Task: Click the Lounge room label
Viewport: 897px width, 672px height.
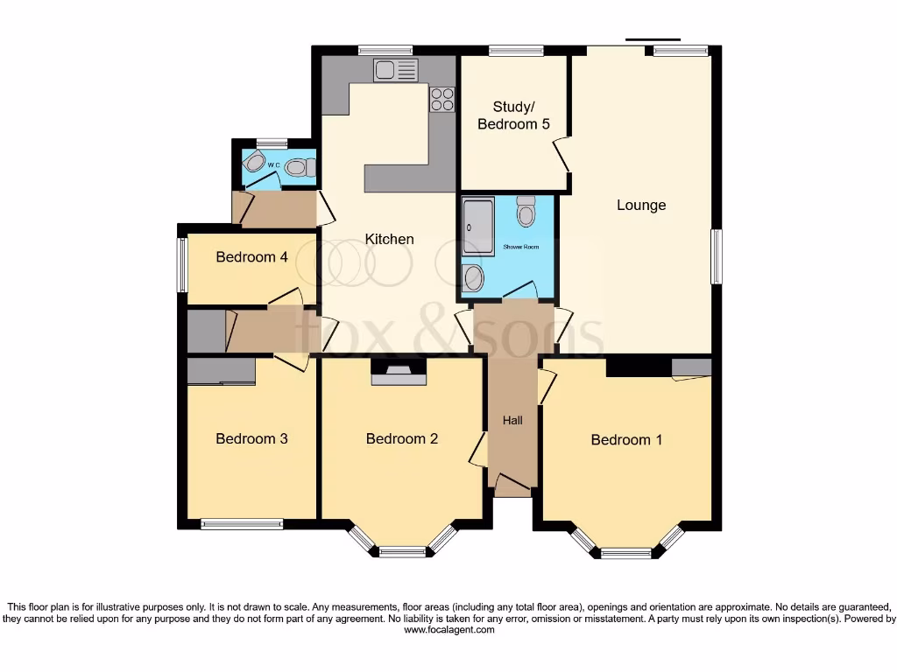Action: tap(641, 206)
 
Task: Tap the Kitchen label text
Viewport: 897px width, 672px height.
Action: tap(389, 239)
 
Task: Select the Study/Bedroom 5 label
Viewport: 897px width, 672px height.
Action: tap(513, 115)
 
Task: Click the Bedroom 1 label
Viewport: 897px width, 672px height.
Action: tap(626, 439)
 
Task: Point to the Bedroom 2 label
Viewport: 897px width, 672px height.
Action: tap(401, 438)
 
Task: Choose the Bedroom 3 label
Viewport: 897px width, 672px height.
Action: tap(251, 438)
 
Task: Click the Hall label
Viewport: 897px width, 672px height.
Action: tap(512, 421)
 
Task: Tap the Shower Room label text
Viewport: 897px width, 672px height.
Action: tap(521, 248)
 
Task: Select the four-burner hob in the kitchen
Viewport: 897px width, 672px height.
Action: tap(442, 99)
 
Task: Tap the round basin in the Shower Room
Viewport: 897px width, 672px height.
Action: tap(473, 278)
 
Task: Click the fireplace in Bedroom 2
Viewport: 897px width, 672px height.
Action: tap(399, 374)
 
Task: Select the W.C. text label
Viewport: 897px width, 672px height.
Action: tap(274, 164)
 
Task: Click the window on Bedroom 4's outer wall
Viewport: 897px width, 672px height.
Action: tap(182, 265)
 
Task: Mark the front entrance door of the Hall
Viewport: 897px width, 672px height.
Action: tap(512, 484)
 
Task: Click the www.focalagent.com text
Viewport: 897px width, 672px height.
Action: tap(448, 630)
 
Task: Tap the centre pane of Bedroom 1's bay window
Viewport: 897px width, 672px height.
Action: tap(626, 553)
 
